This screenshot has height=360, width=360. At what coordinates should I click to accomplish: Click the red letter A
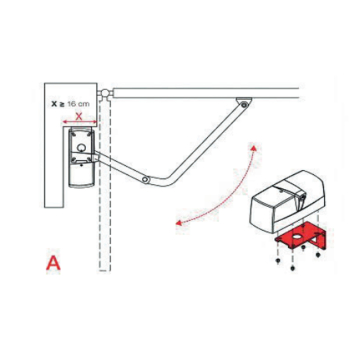coord(53,262)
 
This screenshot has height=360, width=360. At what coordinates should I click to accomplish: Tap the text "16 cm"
coord(79,104)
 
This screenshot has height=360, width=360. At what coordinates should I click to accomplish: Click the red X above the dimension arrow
coord(79,117)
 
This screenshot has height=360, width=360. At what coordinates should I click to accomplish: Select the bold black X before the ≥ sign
coord(54,104)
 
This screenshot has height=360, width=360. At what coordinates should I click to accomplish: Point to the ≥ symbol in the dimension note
coord(62,104)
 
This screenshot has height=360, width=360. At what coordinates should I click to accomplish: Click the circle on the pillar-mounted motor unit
coord(81,147)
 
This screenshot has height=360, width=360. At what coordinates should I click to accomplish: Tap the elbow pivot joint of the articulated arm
coord(146,180)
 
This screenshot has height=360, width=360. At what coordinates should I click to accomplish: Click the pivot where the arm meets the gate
coord(244,105)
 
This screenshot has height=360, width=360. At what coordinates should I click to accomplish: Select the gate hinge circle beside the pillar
coord(105,92)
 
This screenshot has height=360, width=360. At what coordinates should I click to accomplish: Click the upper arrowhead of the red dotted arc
coord(254,148)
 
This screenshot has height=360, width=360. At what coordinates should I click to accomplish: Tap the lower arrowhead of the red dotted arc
coord(179,222)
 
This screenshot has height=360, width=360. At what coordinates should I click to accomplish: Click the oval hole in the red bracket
coord(296,236)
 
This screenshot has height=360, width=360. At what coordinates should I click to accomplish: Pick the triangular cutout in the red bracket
coord(317,238)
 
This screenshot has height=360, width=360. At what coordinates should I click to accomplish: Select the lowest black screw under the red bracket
coord(293,268)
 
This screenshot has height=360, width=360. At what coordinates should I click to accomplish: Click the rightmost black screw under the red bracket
coord(318,255)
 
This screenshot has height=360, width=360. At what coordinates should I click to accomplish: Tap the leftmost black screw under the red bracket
coord(278,262)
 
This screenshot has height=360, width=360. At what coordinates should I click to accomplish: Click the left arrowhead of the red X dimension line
coord(65,122)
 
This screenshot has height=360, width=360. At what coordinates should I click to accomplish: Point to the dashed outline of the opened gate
coord(105,184)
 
